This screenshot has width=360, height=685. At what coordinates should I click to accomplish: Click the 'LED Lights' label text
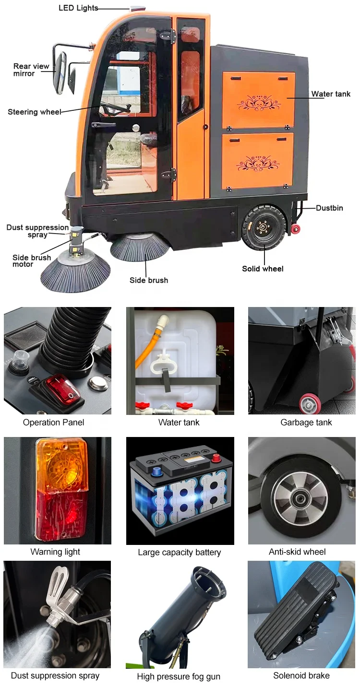click(x=78, y=8)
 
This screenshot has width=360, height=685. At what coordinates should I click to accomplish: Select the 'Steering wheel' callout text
click(x=34, y=112)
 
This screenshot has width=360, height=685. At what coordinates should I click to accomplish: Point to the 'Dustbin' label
click(x=329, y=208)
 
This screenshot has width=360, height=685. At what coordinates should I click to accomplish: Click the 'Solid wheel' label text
click(x=263, y=269)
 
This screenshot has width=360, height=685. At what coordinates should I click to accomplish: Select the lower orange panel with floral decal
click(x=258, y=161)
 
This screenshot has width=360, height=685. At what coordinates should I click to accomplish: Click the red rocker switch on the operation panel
click(x=61, y=388)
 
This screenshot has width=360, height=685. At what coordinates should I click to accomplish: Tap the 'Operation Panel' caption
click(x=53, y=423)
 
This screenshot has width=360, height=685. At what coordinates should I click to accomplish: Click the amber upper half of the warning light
click(x=62, y=464)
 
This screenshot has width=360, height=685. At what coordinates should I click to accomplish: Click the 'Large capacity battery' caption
click(x=180, y=552)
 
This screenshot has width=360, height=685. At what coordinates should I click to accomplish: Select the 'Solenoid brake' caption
click(x=301, y=675)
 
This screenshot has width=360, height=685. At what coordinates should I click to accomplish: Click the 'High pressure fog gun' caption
click(x=179, y=677)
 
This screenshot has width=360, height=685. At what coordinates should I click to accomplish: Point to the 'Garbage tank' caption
click(x=306, y=423)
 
